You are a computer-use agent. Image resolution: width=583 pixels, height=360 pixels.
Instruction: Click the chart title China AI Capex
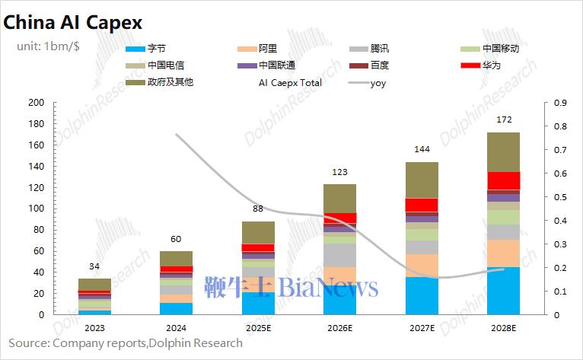pos(72,23)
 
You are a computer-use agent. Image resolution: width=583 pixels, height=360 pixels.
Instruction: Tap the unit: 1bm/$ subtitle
pos(49,46)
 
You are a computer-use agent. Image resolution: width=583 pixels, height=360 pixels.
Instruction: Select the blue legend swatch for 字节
pos(135,49)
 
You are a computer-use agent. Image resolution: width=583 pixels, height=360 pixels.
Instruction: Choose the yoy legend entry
pos(378,82)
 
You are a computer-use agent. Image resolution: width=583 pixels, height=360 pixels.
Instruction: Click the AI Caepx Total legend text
pos(290,82)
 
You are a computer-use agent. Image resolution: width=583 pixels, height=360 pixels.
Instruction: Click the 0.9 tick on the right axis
pos(560,103)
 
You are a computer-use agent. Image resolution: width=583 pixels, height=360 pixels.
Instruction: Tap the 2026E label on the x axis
pos(339,328)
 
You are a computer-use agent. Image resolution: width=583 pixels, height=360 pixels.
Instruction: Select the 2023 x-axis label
pos(94,328)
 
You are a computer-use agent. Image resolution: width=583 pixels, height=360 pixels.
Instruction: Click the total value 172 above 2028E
pos(503,120)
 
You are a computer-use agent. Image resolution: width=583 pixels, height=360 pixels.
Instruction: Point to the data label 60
pos(176,239)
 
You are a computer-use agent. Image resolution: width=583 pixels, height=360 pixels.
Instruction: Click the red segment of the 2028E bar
pos(503,180)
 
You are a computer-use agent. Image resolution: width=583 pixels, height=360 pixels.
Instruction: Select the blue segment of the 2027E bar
pos(421,296)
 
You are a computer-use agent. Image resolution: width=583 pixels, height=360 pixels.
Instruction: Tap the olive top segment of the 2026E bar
pos(339,198)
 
